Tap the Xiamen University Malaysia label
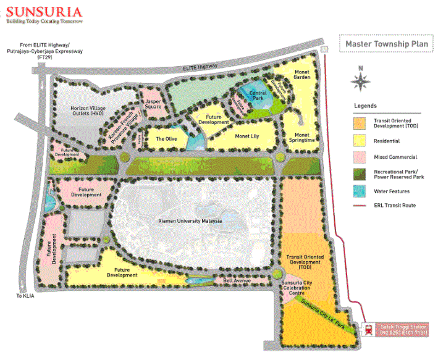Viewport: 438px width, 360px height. [190, 220]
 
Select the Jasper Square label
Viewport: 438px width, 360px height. [153, 104]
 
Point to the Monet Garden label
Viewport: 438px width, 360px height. [301, 75]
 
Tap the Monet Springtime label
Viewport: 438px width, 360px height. [301, 137]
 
